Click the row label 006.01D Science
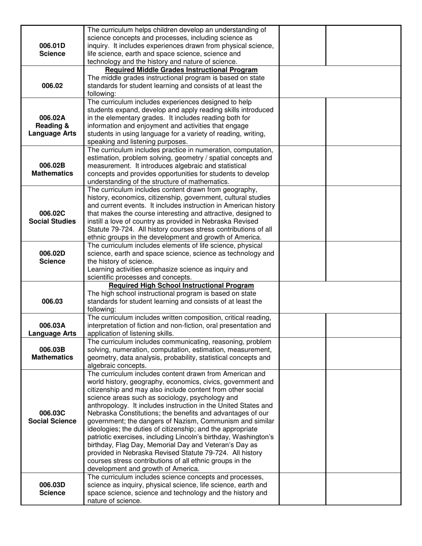tap(52, 50)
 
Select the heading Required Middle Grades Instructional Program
tap(181, 70)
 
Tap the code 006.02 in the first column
tap(52, 86)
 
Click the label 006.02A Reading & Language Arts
tap(52, 125)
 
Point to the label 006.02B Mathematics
tap(52, 169)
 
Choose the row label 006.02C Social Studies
tap(52, 217)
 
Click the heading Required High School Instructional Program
tap(181, 285)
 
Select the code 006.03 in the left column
tap(52, 301)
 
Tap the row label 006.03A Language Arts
tap(52, 329)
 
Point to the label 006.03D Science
tap(52, 489)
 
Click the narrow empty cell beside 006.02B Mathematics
tap(302, 166)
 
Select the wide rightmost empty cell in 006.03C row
tap(363, 421)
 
